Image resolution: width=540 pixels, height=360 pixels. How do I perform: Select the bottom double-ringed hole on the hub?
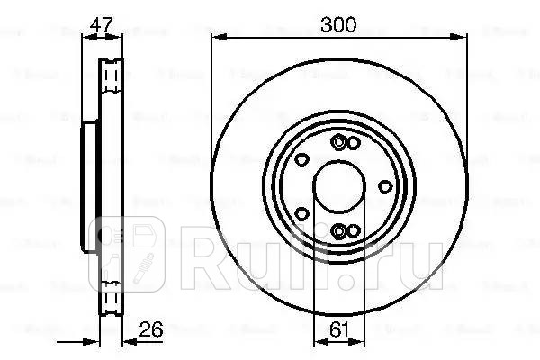coord(339,232)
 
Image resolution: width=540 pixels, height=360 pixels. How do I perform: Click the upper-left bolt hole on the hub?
coord(302,159)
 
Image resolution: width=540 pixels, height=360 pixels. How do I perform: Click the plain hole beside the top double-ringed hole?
coord(353,144)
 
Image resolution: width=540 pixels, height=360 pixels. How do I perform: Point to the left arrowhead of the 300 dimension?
coord(216,38)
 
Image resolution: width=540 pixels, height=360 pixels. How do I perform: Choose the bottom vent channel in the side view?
coord(111,297)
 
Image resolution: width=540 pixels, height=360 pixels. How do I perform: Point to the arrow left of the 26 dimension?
coord(90,340)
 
